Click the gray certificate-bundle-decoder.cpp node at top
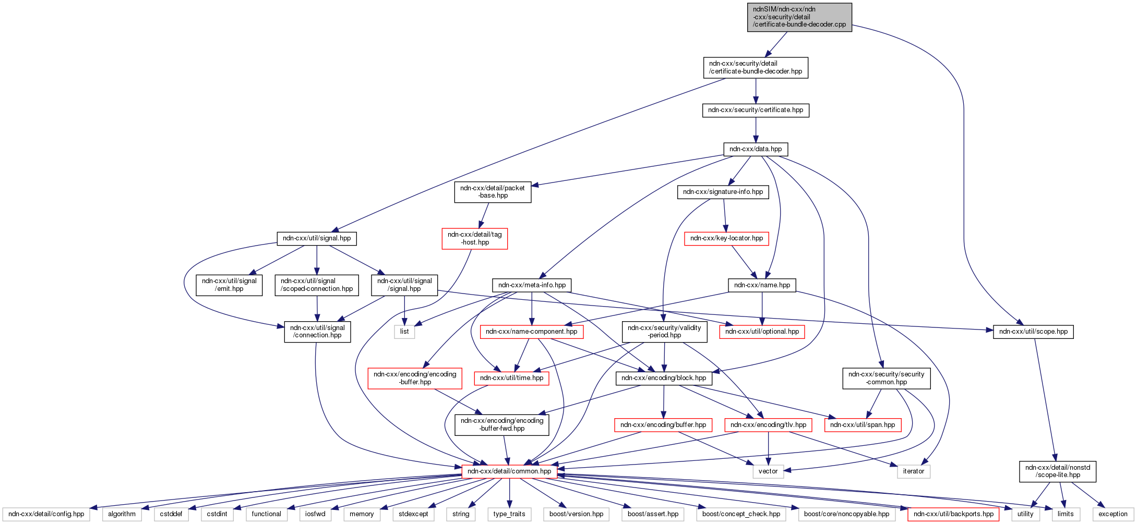click(799, 17)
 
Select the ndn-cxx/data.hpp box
click(756, 149)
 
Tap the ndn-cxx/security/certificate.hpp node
click(756, 110)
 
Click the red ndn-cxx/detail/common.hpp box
click(509, 471)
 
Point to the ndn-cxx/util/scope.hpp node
click(1033, 332)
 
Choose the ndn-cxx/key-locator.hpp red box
click(726, 238)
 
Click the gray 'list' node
click(404, 332)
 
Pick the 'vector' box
click(768, 471)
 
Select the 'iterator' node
click(913, 471)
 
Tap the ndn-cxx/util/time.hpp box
click(511, 378)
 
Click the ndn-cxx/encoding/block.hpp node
click(664, 378)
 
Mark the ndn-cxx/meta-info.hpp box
click(532, 285)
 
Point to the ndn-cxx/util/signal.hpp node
click(317, 238)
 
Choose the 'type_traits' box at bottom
click(509, 514)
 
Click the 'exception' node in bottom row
click(1112, 514)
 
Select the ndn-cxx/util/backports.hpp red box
click(953, 514)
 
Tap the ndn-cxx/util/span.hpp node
click(863, 425)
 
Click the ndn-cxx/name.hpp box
click(762, 285)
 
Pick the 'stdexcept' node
click(413, 514)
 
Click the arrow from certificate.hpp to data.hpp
click(756, 130)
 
